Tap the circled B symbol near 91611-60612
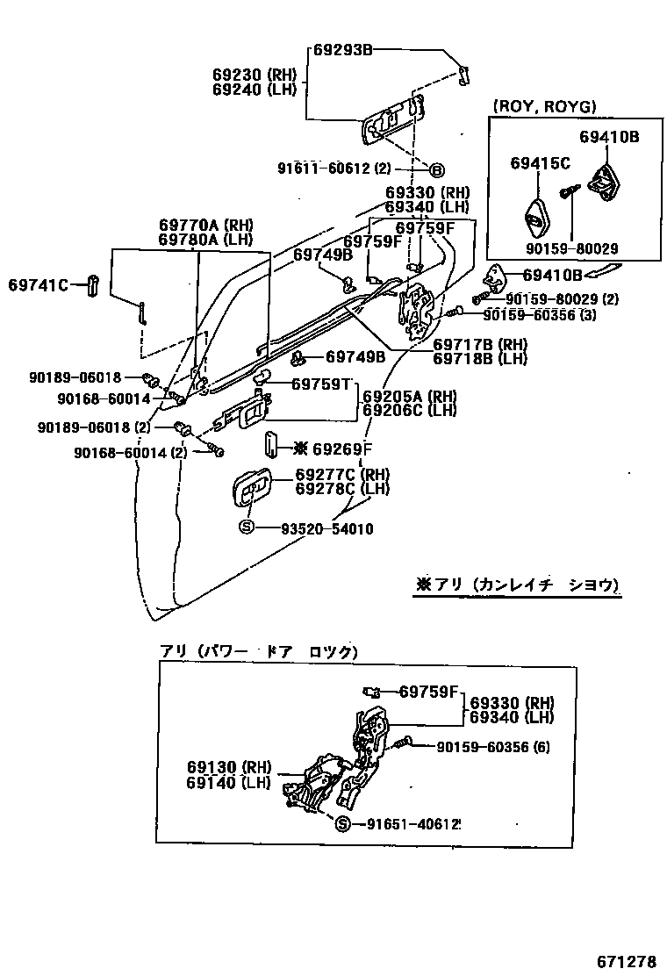pyautogui.click(x=435, y=169)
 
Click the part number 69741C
pyautogui.click(x=39, y=284)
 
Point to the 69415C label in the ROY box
pyautogui.click(x=541, y=162)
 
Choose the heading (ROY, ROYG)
pyautogui.click(x=545, y=106)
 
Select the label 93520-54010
pyautogui.click(x=326, y=528)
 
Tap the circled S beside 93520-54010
pyautogui.click(x=246, y=527)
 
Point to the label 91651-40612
pyautogui.click(x=409, y=824)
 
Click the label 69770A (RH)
pyautogui.click(x=205, y=225)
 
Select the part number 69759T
pyautogui.click(x=321, y=384)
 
